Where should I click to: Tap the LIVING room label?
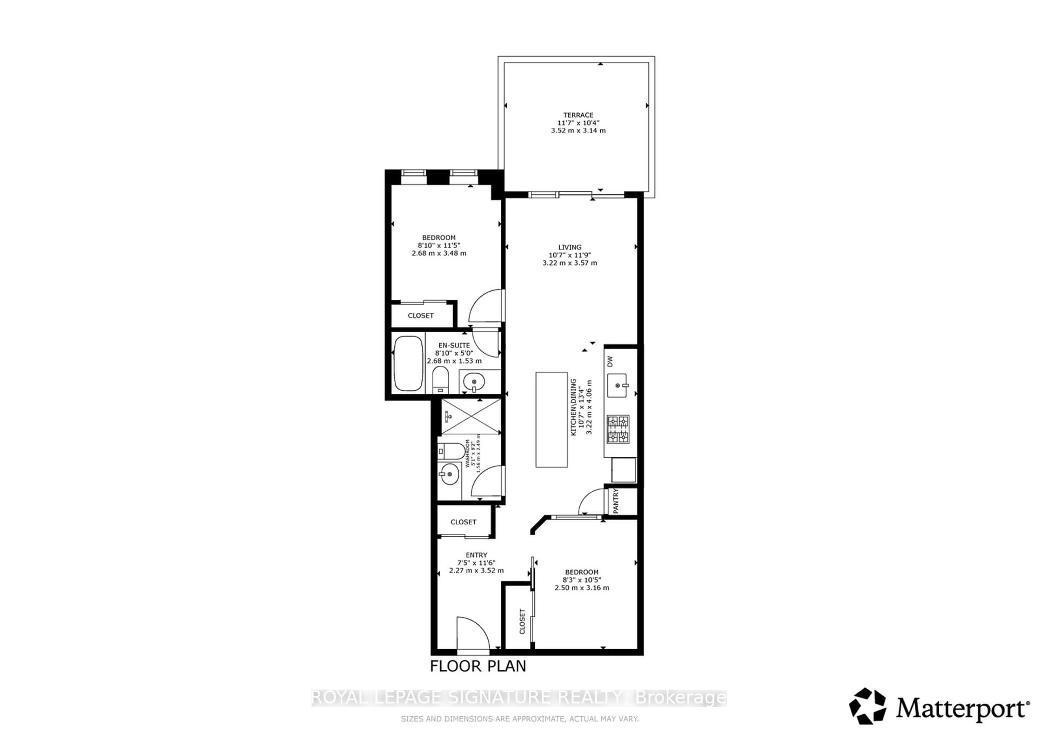tap(569, 247)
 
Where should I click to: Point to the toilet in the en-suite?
tap(440, 380)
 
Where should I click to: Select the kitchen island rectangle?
tap(551, 420)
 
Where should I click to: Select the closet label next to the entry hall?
tap(463, 522)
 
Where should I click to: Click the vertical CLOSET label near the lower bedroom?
tap(522, 621)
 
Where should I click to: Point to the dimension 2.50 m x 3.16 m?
tap(581, 588)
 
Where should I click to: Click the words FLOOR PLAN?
tap(478, 666)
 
